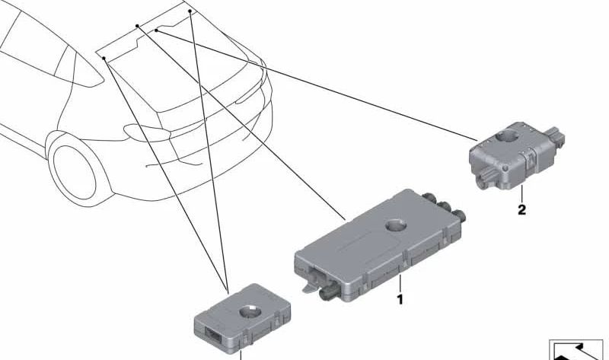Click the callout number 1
400,299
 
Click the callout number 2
521,210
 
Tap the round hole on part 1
396,225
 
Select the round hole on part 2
505,137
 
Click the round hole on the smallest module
250,311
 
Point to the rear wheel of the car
74,172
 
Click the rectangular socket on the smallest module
213,333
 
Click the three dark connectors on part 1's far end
445,206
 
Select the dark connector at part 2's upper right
555,137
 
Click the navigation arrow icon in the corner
577,350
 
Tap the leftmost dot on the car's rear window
104,59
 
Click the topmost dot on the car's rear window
190,11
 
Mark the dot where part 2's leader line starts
156,30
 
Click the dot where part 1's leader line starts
137,26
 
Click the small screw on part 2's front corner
505,168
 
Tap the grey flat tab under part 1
311,288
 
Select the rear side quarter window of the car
84,70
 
